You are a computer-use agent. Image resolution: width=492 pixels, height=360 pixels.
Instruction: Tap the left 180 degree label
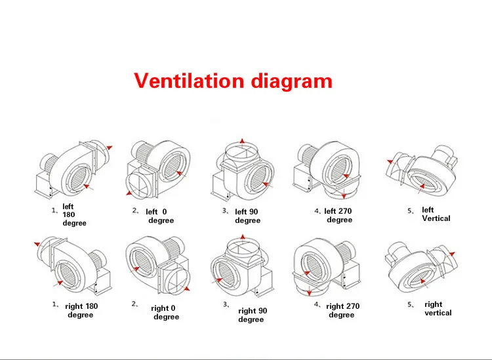(x=74, y=214)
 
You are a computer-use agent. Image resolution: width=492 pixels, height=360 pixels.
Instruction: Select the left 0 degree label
(x=157, y=216)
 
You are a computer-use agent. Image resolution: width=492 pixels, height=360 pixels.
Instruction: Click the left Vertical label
(x=436, y=214)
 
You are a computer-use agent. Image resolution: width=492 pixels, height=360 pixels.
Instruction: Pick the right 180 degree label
(x=81, y=310)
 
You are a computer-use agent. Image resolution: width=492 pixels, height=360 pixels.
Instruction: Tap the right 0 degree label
(x=165, y=312)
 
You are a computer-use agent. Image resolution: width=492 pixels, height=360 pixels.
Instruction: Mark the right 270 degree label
(x=342, y=310)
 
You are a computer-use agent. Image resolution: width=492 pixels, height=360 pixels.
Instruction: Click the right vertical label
(x=438, y=308)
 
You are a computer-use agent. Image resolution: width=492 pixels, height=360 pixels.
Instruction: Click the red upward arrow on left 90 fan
(x=242, y=142)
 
